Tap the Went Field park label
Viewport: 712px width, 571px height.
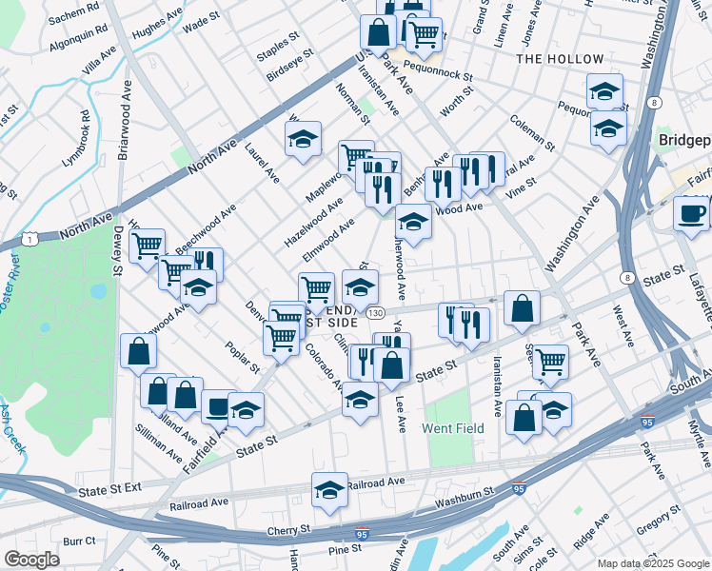pyautogui.click(x=453, y=429)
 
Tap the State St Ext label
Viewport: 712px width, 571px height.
pyautogui.click(x=109, y=490)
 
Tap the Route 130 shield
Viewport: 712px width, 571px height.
pyautogui.click(x=377, y=312)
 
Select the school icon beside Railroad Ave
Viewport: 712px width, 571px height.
pyautogui.click(x=329, y=491)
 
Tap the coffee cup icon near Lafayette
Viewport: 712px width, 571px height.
pyautogui.click(x=691, y=213)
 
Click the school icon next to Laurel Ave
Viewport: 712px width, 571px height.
pyautogui.click(x=303, y=140)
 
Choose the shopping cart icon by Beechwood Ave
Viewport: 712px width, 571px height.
pyautogui.click(x=147, y=246)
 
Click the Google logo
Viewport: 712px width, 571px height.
pyautogui.click(x=31, y=559)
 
